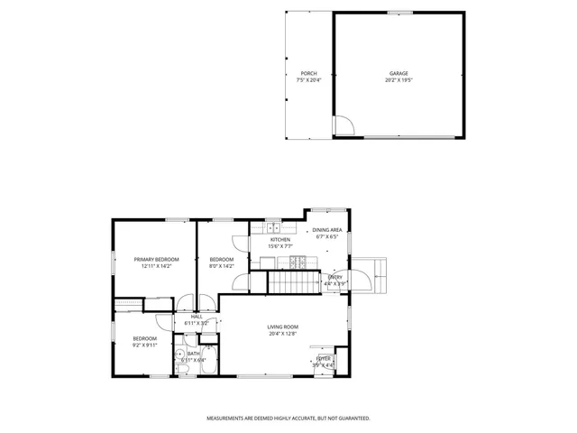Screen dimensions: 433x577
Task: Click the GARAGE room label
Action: pos(398,73)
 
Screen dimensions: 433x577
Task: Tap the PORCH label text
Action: pos(308,73)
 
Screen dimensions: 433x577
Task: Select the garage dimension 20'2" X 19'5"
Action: pos(398,80)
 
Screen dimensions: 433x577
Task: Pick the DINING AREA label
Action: pos(326,230)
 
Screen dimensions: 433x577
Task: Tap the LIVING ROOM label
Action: pos(282,327)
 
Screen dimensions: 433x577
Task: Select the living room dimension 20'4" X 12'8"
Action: pos(282,334)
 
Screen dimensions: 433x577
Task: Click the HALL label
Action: pos(197,316)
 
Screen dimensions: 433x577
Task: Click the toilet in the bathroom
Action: pos(181,355)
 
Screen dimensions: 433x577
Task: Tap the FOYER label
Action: pos(324,358)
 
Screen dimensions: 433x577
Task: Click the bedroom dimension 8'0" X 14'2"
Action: pos(222,266)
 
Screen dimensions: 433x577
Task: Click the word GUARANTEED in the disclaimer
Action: pos(352,419)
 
